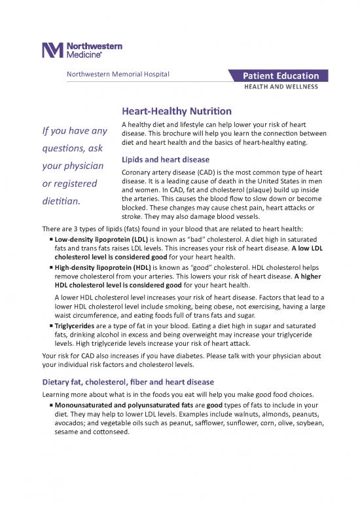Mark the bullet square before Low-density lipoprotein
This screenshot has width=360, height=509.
[x=50, y=240]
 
